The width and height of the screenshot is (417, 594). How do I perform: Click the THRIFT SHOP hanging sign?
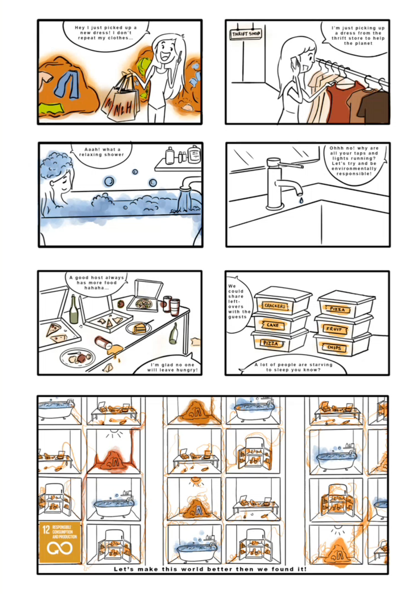(246, 34)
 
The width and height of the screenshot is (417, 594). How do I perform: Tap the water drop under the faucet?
(301, 200)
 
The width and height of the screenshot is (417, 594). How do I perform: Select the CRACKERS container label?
(275, 306)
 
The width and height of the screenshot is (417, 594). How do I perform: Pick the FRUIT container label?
(334, 329)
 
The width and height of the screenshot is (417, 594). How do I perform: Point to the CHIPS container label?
(335, 348)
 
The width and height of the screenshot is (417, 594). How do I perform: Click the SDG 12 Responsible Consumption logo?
(60, 542)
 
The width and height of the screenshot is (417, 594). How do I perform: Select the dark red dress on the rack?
(340, 101)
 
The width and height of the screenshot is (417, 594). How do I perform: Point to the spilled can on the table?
(103, 342)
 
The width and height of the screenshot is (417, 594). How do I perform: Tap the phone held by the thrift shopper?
(294, 63)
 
